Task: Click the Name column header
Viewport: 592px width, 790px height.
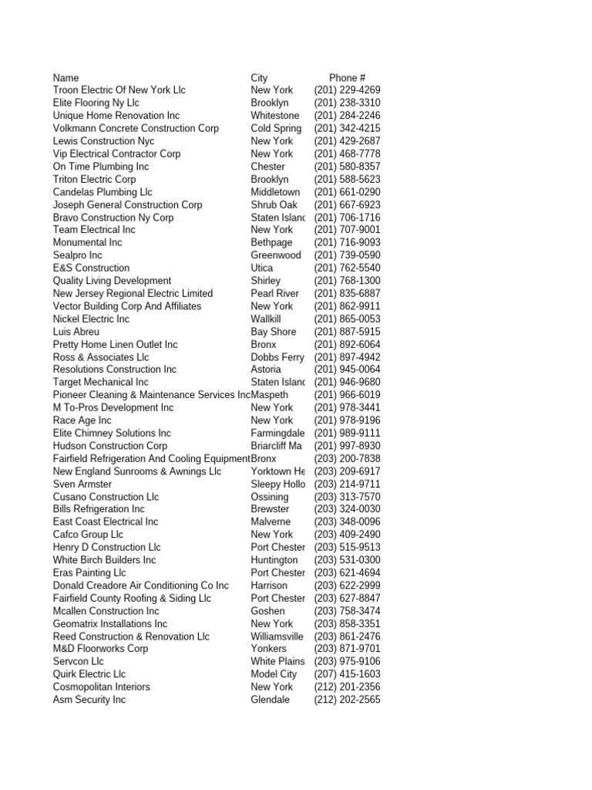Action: (66, 78)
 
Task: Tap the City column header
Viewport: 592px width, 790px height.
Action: (259, 78)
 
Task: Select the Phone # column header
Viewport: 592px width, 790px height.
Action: (347, 78)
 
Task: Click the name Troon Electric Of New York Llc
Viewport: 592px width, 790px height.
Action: (119, 90)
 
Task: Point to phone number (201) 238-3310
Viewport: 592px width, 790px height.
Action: (347, 103)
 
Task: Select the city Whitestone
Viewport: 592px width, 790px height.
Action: (274, 116)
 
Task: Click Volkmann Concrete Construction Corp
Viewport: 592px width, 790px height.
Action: (136, 128)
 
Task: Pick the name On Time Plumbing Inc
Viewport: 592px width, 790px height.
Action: (101, 167)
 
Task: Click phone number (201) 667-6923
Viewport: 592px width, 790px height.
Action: (347, 204)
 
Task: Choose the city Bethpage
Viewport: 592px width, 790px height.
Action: (271, 242)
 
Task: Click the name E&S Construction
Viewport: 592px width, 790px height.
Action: (91, 268)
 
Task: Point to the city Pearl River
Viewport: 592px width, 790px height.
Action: (274, 293)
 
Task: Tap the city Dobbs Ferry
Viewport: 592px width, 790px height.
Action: (277, 357)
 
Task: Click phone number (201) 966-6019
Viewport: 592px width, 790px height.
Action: (347, 395)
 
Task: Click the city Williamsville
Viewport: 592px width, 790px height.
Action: (277, 636)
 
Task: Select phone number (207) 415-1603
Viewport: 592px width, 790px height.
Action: (347, 674)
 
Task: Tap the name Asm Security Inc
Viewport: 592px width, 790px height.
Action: (89, 700)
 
